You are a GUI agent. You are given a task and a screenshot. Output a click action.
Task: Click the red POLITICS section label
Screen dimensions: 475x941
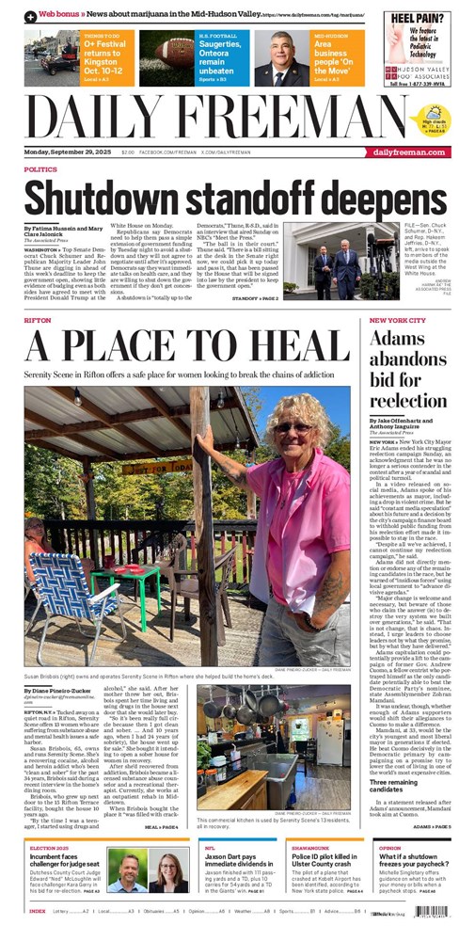click(40, 169)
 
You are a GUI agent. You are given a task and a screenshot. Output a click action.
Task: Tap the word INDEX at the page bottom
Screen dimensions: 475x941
click(38, 911)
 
